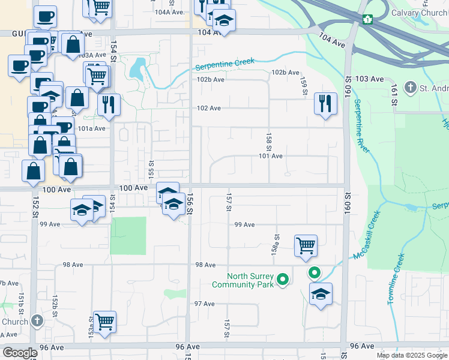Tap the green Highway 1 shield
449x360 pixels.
[367, 19]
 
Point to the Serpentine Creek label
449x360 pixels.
[224, 64]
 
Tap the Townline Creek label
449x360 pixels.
[396, 279]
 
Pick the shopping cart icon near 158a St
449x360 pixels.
[306, 245]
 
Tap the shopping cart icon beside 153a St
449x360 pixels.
[104, 322]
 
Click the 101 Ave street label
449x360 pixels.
[270, 156]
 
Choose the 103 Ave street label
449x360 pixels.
[369, 79]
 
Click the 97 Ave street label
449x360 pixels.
[204, 304]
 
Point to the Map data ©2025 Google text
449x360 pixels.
[411, 355]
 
